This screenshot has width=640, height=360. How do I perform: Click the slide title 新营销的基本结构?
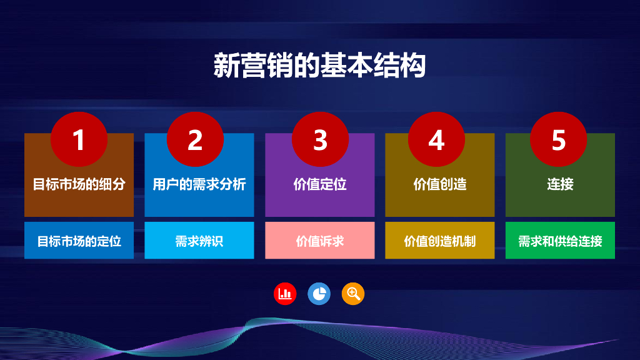319,65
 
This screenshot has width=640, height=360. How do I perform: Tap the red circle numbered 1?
79,139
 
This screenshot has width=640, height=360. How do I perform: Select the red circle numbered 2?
195,139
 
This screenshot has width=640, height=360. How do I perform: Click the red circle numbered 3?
320,139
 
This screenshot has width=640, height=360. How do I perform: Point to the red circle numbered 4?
436,139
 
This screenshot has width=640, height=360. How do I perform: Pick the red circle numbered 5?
558,139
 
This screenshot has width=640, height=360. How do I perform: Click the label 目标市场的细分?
79,184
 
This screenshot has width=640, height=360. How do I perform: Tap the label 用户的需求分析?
199,184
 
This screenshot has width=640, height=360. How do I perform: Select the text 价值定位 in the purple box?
320,184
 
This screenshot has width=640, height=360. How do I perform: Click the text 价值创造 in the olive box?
440,184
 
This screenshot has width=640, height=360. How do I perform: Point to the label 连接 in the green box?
560,184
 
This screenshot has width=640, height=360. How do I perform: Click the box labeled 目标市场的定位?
79,241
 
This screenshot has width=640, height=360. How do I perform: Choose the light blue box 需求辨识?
199,241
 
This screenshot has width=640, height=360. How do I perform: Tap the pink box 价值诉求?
320,241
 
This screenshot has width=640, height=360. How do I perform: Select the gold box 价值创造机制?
440,241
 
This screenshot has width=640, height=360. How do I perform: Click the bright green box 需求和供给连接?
560,241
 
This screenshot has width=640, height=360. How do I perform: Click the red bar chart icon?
285,294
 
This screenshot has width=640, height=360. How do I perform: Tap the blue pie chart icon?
319,294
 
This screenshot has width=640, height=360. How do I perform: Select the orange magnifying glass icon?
353,294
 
